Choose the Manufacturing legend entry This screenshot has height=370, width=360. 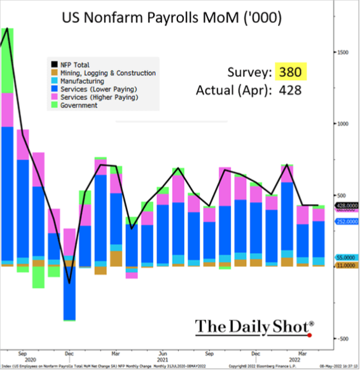coord(82,81)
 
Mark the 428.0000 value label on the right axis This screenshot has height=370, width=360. coord(345,205)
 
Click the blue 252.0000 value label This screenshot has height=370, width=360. coord(345,221)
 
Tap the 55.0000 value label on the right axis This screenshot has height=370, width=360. coord(345,256)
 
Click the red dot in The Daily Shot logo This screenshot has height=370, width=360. coord(310,334)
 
